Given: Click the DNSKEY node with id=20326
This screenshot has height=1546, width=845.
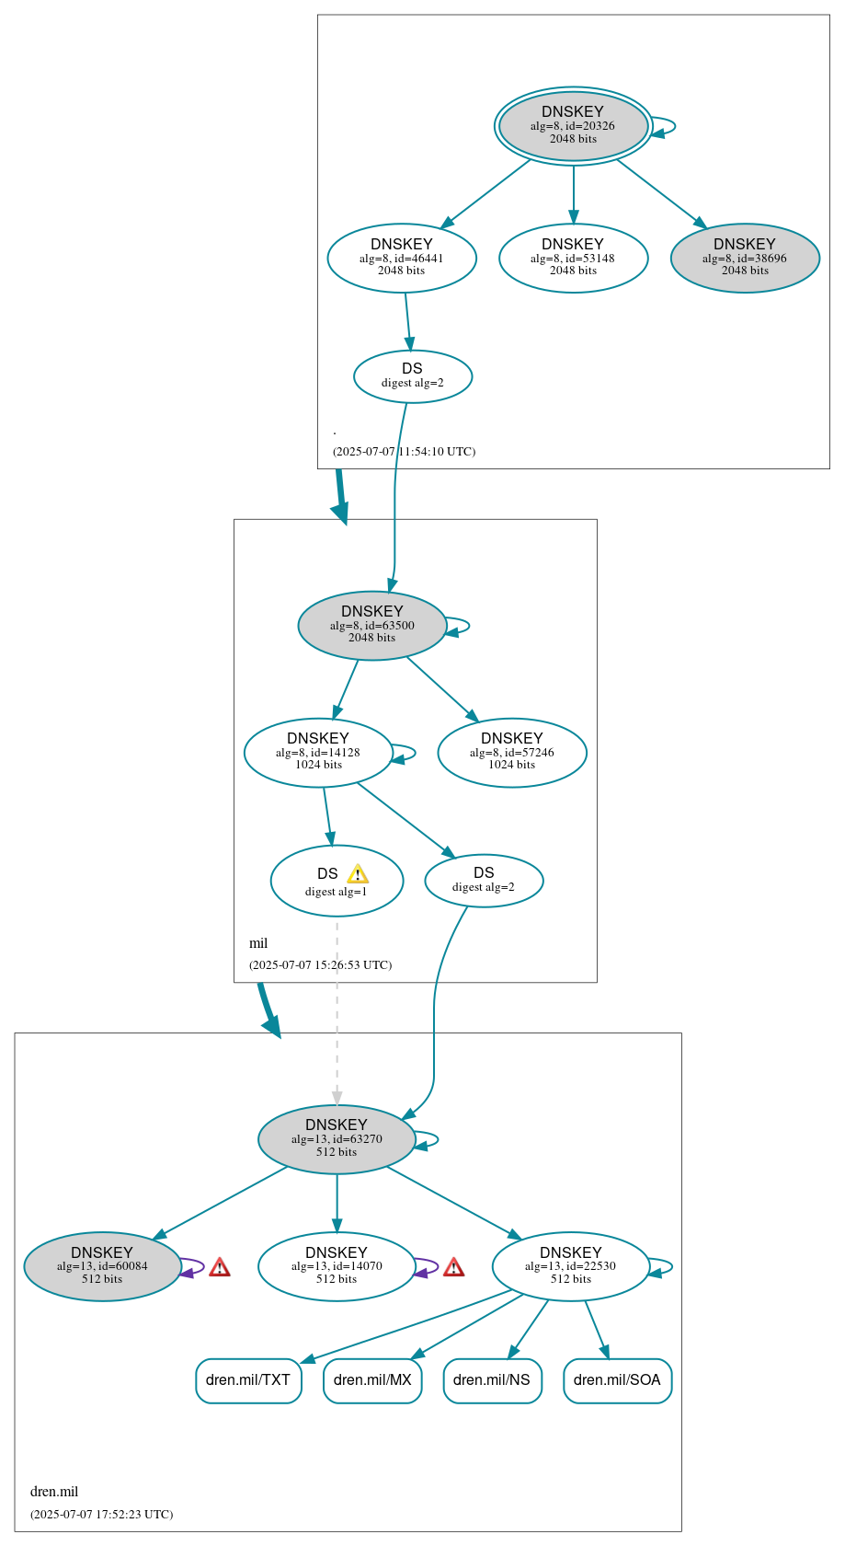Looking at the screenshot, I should (573, 126).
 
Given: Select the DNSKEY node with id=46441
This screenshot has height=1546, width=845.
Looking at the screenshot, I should (402, 259).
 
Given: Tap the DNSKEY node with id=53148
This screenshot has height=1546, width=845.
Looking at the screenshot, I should (573, 259).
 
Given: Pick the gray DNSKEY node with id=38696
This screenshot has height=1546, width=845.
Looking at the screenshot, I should (745, 259).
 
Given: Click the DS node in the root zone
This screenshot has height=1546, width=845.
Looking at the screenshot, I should (413, 375).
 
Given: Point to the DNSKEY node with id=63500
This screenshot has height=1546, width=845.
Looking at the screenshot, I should (372, 626).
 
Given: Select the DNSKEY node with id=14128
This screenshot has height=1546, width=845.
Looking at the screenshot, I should (318, 753).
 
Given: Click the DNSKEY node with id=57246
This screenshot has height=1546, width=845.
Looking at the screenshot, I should (512, 753).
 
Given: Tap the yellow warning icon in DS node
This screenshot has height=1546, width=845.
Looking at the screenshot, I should (358, 874).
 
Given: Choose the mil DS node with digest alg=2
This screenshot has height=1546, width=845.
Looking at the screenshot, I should (484, 881).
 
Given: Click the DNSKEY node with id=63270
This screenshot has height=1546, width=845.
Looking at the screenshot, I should (337, 1139).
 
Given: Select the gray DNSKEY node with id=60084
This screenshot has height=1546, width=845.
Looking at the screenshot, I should (102, 1266).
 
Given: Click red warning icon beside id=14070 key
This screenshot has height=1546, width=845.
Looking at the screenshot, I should (453, 1268).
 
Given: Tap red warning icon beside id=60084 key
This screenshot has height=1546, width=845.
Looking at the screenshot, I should (219, 1268).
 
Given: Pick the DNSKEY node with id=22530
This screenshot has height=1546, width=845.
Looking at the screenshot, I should (571, 1266).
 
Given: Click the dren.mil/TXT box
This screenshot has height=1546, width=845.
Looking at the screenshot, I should (248, 1380).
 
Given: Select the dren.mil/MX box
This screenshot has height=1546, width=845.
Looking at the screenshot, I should (372, 1380).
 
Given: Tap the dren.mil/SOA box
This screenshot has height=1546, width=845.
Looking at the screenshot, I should (617, 1380).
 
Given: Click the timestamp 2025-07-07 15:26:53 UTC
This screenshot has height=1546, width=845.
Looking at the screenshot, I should (320, 965).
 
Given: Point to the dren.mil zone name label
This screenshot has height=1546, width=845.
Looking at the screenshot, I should (54, 1492).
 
